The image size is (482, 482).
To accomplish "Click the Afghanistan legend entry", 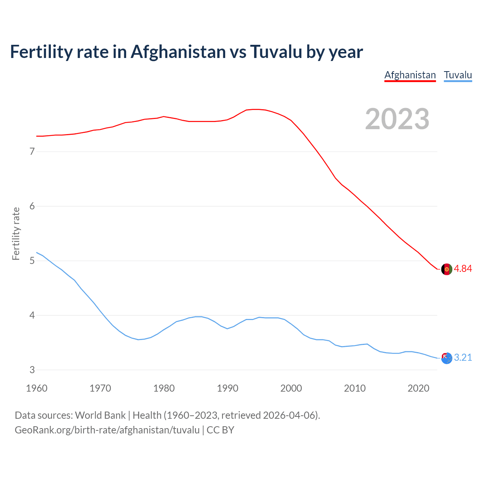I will (x=410, y=75).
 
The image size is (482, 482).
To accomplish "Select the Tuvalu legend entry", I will (x=458, y=75).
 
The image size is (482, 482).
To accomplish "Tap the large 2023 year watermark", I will (x=397, y=119).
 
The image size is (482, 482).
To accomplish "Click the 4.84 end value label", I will (x=463, y=268).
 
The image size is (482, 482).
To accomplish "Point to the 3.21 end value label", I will (x=463, y=357).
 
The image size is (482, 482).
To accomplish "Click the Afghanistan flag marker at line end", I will (x=446, y=269).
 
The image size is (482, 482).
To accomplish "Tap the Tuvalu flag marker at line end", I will (x=446, y=358).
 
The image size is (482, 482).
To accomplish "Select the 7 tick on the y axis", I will (x=32, y=152).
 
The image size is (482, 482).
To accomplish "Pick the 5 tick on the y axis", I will (x=32, y=261).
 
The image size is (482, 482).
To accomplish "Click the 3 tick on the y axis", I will (x=32, y=370).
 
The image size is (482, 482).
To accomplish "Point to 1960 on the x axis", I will (x=37, y=388).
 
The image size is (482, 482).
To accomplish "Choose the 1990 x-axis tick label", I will (x=227, y=388).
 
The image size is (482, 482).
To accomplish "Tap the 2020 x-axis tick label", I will (x=418, y=388).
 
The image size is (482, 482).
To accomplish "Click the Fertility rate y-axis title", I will (x=16, y=233).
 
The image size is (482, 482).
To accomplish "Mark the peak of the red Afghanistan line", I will (x=256, y=109).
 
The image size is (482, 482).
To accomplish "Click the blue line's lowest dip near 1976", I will (x=139, y=340).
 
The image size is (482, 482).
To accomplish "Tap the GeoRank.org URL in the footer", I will (x=107, y=430).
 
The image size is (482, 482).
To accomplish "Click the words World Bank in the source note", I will (x=100, y=415).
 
